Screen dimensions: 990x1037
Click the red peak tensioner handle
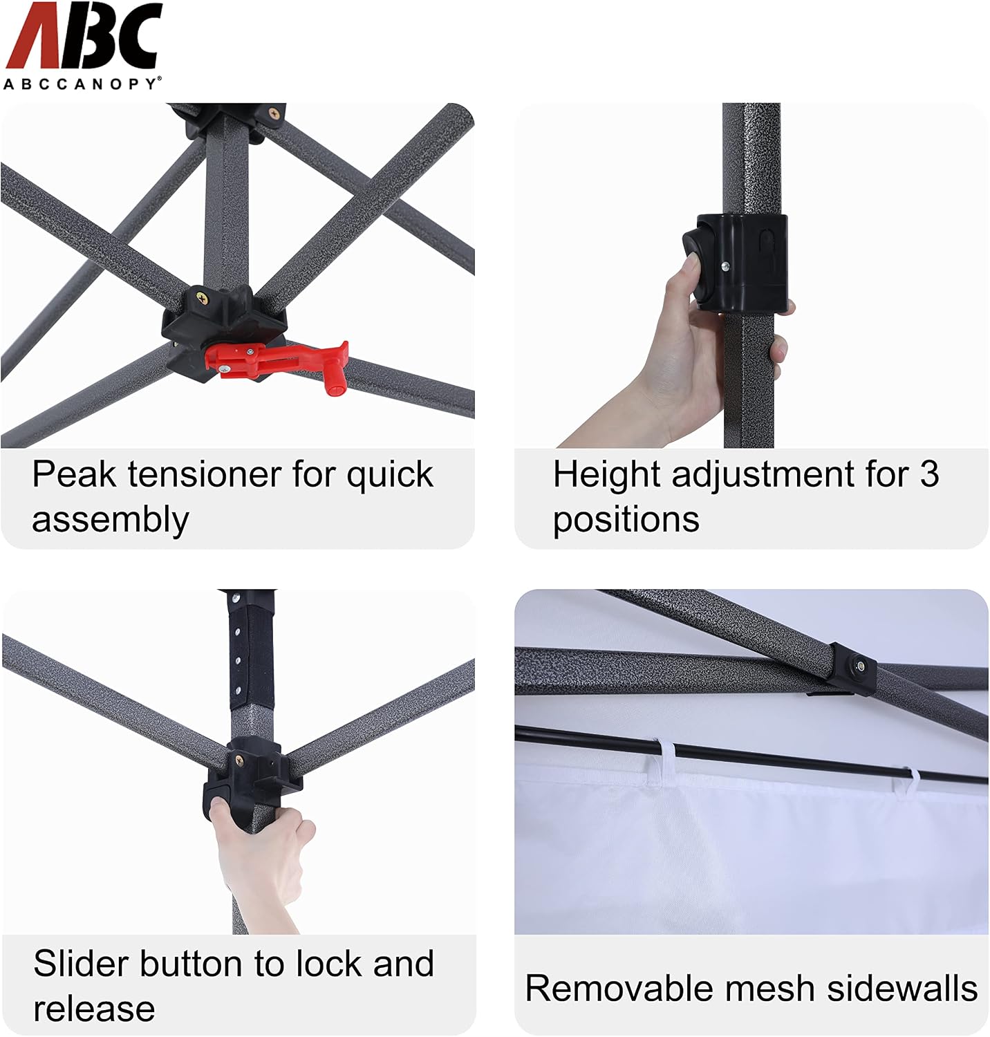coord(277,359)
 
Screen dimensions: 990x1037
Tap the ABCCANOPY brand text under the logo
coord(82,84)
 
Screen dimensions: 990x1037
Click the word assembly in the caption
coord(111,520)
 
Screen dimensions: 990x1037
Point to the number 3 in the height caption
coord(929,475)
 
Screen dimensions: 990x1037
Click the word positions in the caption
coord(626,520)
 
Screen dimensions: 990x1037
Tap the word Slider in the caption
coord(81,964)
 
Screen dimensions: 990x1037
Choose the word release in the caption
coord(94,1009)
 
